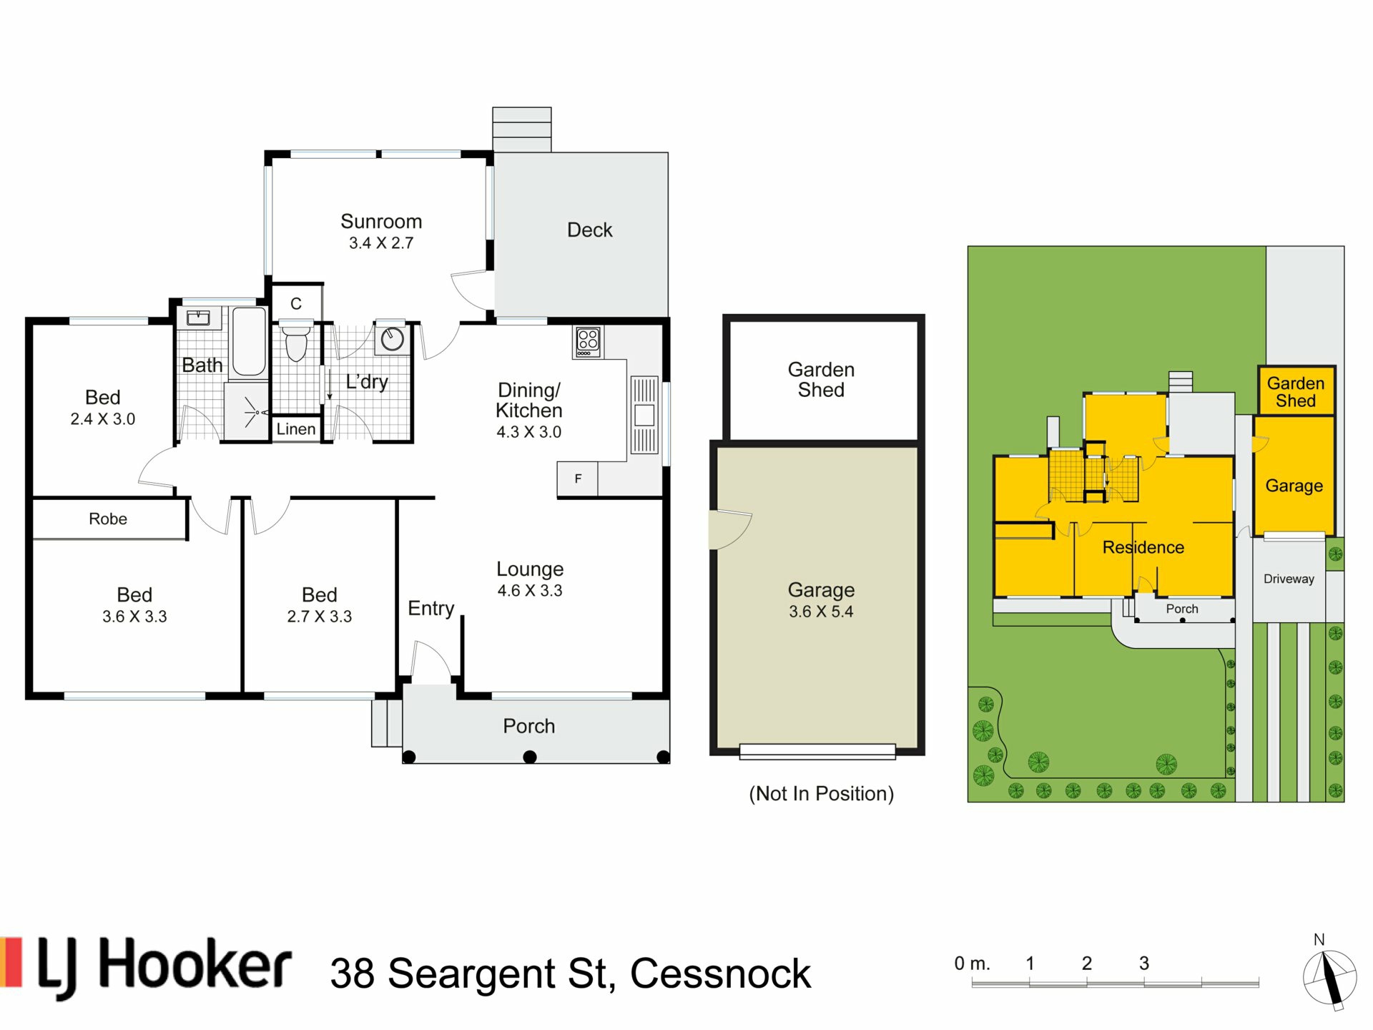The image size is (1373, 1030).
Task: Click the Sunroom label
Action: pyautogui.click(x=381, y=222)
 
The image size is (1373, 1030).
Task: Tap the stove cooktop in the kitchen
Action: pyautogui.click(x=588, y=342)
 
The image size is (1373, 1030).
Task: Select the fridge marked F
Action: pyautogui.click(x=577, y=479)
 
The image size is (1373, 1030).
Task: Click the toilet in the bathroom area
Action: pyautogui.click(x=296, y=342)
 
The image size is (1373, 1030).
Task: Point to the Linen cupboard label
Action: pyautogui.click(x=296, y=429)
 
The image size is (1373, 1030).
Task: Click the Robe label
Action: pyautogui.click(x=108, y=519)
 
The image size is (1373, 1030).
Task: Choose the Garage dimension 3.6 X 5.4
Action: pyautogui.click(x=821, y=612)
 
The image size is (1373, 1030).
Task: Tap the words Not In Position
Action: pyautogui.click(x=821, y=794)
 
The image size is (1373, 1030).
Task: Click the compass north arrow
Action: pyautogui.click(x=1329, y=977)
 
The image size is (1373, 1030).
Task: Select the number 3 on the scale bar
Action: pyautogui.click(x=1144, y=963)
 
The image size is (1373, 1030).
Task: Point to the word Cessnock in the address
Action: pyautogui.click(x=720, y=974)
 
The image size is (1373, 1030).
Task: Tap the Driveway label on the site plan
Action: pyautogui.click(x=1289, y=579)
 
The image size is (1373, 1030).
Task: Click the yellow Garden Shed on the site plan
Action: pyautogui.click(x=1296, y=391)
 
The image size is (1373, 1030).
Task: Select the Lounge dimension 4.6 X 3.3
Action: pyautogui.click(x=530, y=591)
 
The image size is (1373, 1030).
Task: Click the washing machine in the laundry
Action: pyautogui.click(x=392, y=339)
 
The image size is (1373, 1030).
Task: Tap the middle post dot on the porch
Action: pyautogui.click(x=530, y=757)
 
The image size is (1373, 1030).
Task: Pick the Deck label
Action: pyautogui.click(x=590, y=230)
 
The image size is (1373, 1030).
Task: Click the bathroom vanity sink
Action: pyautogui.click(x=198, y=318)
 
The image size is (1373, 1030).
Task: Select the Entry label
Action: pyautogui.click(x=431, y=609)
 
